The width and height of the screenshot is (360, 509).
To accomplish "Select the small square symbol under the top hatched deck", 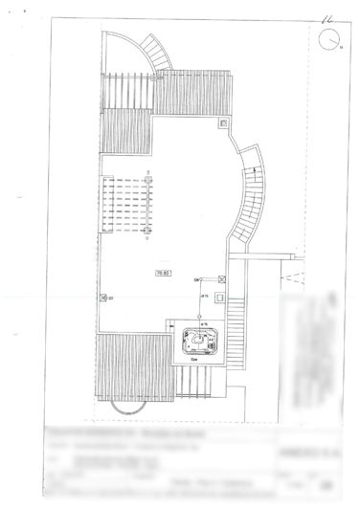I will [x=223, y=123].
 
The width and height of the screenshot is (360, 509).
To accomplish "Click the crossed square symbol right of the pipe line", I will [x=221, y=279].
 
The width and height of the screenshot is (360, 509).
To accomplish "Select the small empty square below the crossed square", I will [x=221, y=298].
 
